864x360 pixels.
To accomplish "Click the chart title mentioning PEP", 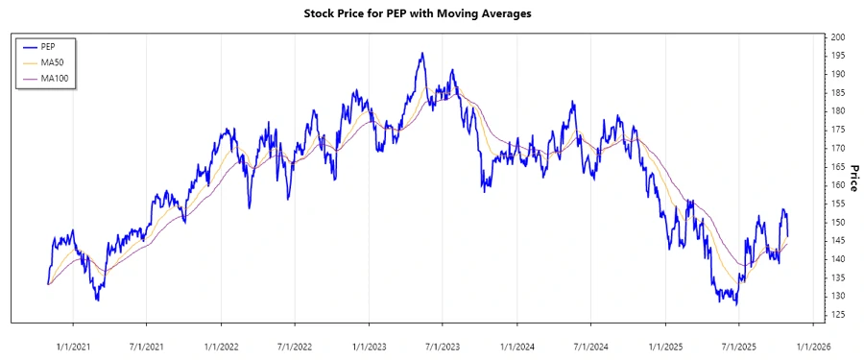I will click(x=431, y=14).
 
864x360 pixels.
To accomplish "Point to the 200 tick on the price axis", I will click(x=838, y=36).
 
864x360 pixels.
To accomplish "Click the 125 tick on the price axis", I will click(x=838, y=315).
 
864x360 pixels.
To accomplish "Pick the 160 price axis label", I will click(x=838, y=185).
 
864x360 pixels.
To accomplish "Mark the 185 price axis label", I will click(x=838, y=92).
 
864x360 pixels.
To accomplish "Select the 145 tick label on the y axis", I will click(x=838, y=241).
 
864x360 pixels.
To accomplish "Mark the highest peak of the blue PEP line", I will click(x=421, y=54).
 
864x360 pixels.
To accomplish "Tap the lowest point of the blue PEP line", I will click(x=736, y=304).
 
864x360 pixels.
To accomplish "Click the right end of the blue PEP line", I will click(x=788, y=235).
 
